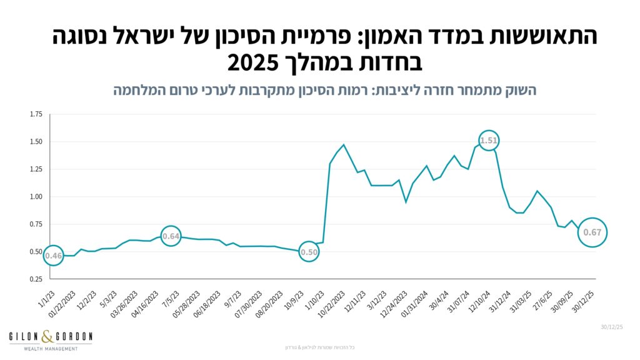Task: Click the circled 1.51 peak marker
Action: coord(489,141)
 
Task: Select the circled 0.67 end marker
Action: coord(591,232)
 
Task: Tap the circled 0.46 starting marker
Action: coord(53,256)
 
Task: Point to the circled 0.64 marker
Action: coord(171,236)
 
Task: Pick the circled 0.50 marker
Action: coord(309,252)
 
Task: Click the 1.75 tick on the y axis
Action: coord(36,114)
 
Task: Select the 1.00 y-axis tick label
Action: coord(36,197)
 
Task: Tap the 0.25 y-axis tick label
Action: coord(36,279)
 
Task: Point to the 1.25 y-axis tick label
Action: coord(36,169)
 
